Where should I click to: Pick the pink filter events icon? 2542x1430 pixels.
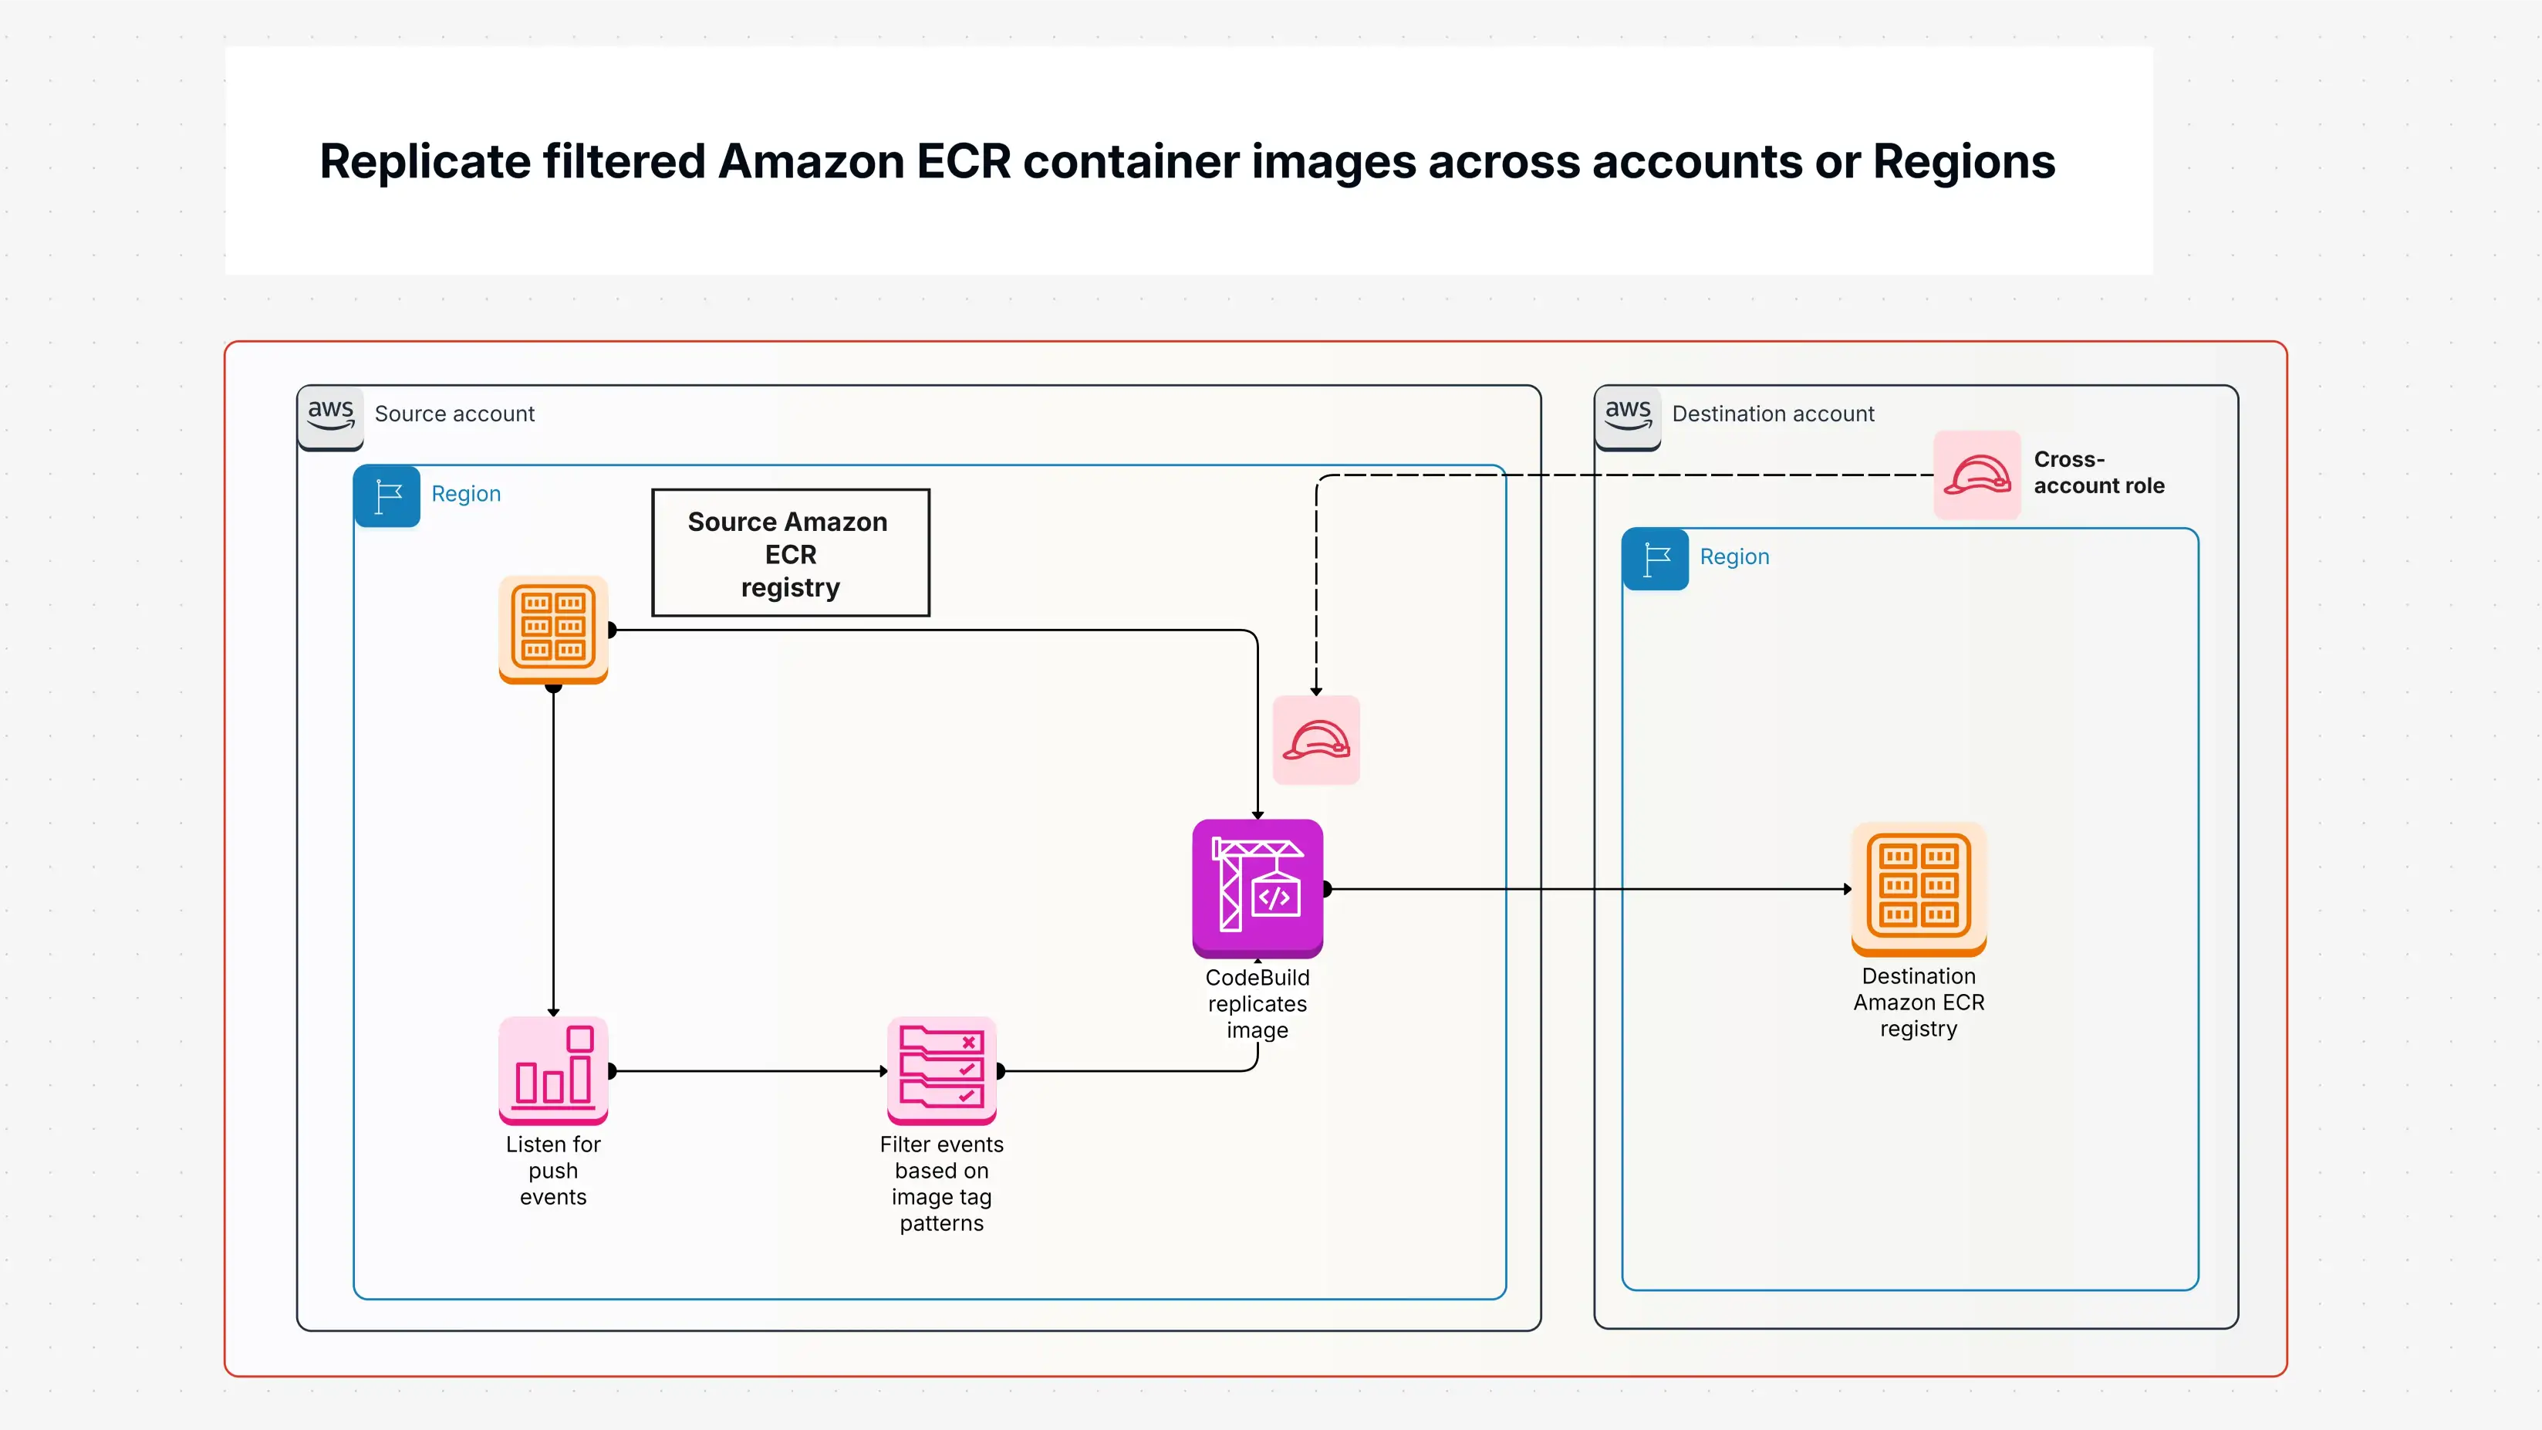(x=941, y=1070)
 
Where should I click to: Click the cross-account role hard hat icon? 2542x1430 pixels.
(x=1977, y=475)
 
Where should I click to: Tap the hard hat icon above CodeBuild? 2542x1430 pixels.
(x=1315, y=740)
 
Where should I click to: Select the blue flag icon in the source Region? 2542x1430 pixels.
(x=387, y=495)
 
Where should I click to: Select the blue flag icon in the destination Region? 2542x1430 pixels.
(x=1655, y=559)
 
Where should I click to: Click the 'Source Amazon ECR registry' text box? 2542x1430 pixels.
(x=791, y=553)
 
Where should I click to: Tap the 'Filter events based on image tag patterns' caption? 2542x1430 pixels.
(x=941, y=1182)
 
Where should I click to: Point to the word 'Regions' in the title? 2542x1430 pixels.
(x=1963, y=162)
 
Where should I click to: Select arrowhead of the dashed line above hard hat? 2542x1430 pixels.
(x=1315, y=691)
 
